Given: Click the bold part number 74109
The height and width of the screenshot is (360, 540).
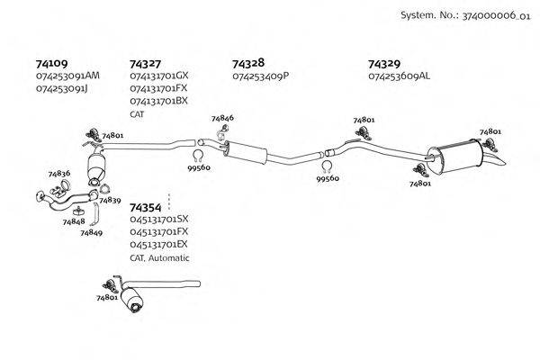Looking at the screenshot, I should (51, 64).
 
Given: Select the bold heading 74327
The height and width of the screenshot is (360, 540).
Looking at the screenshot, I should (145, 64).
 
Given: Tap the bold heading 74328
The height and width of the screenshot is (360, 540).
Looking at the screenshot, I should (247, 64).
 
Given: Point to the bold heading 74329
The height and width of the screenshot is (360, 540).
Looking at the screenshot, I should (383, 64).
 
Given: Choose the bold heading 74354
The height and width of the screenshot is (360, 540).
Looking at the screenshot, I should (146, 206).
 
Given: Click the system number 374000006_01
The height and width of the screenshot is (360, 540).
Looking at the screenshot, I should (494, 15).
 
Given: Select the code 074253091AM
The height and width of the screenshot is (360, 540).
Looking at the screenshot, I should (67, 76).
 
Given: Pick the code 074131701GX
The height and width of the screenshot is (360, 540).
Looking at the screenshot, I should (159, 76).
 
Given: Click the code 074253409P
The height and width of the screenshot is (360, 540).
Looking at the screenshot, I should (260, 76).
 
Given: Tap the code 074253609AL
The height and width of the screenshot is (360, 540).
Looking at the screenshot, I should (399, 76).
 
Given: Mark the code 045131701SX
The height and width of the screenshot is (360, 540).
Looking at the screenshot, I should (159, 219).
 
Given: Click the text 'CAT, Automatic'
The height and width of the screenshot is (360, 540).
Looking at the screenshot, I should (159, 257).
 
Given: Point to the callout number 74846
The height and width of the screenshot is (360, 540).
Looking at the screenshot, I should (222, 118).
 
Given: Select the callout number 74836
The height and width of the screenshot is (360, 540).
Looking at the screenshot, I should (59, 173).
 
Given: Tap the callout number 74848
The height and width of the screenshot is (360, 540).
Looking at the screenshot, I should (74, 221).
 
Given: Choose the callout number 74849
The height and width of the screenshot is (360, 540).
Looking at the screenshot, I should (91, 232).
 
